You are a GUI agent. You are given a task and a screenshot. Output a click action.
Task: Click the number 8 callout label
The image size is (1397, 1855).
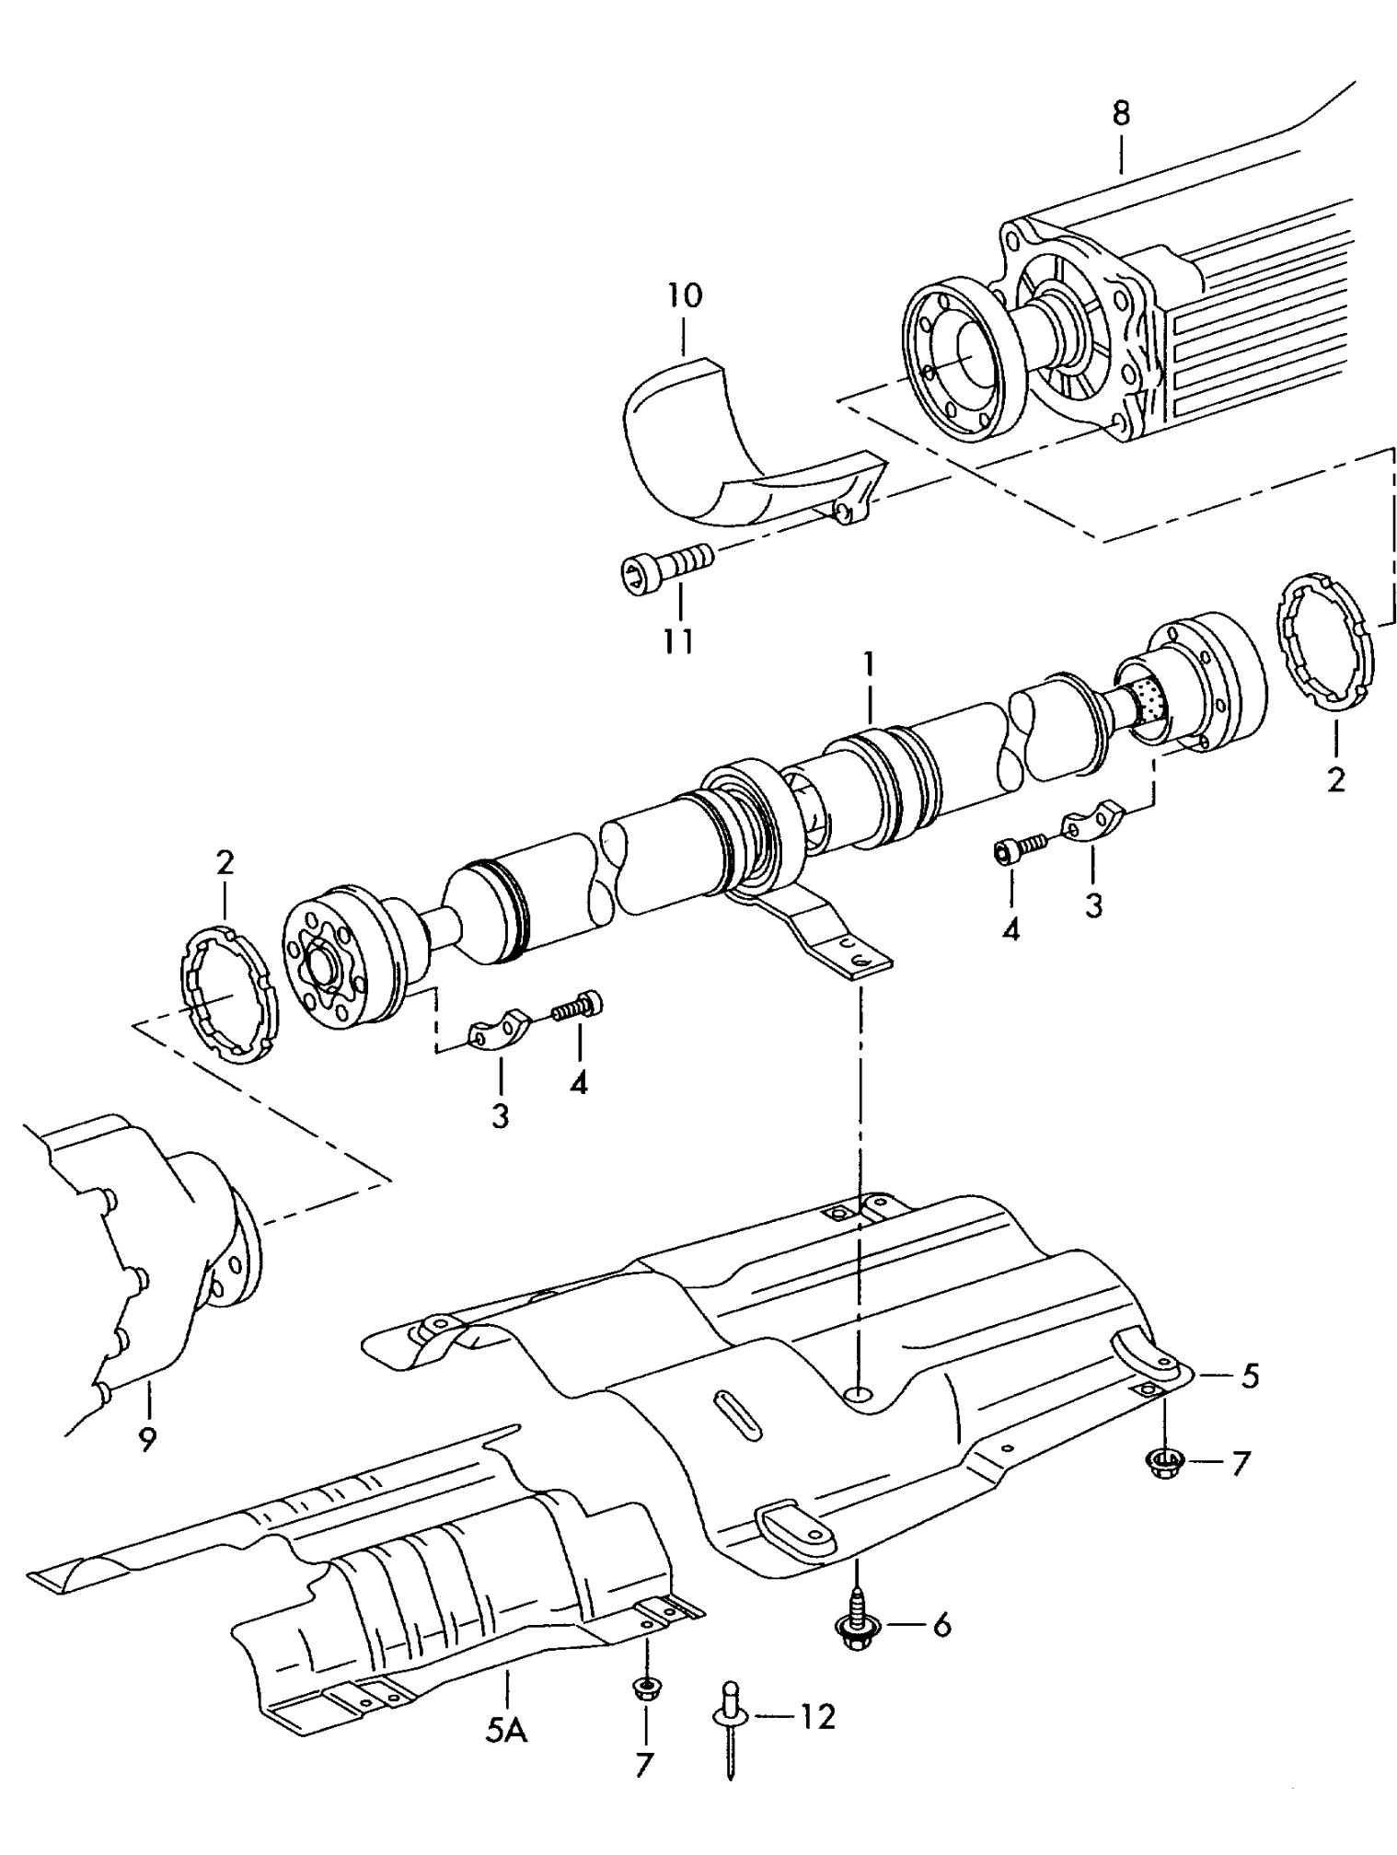point(1120,114)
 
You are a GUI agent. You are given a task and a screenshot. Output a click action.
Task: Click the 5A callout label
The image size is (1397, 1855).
point(505,1732)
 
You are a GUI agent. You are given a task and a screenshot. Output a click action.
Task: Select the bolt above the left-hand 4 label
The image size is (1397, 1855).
point(578,1004)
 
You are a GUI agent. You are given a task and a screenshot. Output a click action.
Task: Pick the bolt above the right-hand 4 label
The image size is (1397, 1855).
point(1020,847)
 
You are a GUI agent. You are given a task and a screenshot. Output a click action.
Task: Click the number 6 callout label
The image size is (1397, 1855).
point(941,1624)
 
